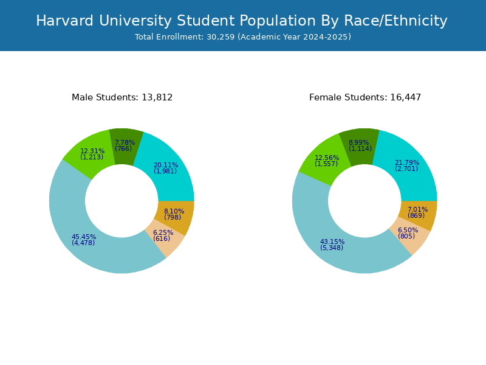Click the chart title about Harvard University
coord(242,21)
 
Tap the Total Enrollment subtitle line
coord(243,37)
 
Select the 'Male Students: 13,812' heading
coord(122,97)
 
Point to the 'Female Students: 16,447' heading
coord(365,97)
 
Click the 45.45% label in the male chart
coord(84,237)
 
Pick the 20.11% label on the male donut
coord(166,165)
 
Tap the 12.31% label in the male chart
coord(92,151)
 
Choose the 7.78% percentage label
coord(125,143)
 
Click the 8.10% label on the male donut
coord(174,212)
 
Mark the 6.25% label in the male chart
coord(163,233)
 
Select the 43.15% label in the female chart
coord(332,242)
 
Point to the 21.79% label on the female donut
coord(407,163)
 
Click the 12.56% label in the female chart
coord(327,158)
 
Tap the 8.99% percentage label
coord(360,143)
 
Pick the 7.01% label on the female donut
coord(417,210)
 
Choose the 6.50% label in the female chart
coord(408,231)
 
